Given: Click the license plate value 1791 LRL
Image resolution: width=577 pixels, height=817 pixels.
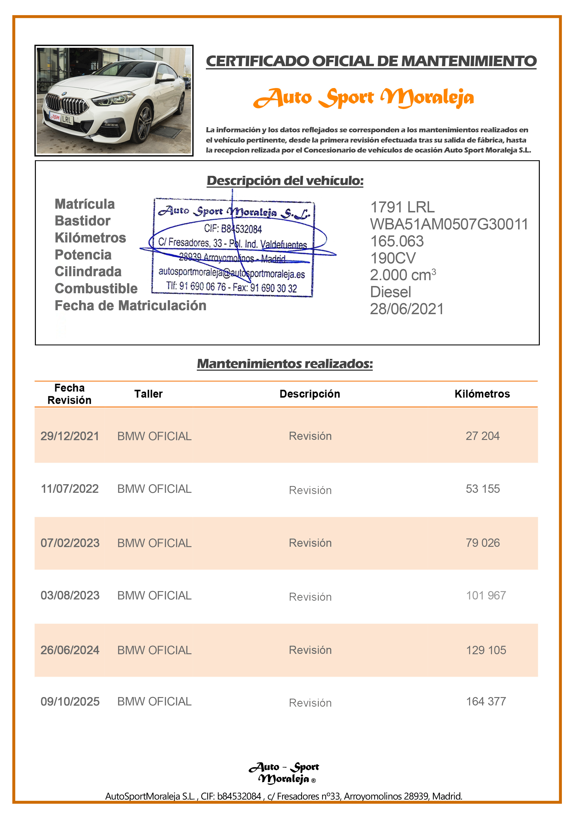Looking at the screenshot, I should (402, 207).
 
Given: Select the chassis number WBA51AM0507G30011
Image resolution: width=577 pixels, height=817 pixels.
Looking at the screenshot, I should (449, 224).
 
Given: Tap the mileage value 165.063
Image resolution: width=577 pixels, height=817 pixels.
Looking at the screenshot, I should (397, 241).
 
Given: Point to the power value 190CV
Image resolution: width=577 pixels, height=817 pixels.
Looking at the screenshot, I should (393, 258).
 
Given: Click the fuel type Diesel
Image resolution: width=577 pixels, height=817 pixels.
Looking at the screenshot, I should (390, 292).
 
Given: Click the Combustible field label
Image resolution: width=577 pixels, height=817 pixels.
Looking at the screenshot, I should (96, 289).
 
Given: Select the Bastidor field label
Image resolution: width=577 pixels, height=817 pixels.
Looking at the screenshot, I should (83, 221).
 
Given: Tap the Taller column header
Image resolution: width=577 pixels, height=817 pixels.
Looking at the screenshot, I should (148, 394).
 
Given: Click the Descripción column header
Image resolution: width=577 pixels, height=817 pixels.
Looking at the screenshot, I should (310, 394).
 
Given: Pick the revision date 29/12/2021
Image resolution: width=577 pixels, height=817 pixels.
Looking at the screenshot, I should (70, 436).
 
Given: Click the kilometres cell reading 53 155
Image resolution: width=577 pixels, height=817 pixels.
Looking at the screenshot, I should (483, 489).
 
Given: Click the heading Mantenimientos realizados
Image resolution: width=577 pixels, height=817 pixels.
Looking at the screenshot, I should (285, 364).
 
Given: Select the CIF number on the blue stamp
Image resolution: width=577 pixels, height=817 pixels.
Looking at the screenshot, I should (233, 229).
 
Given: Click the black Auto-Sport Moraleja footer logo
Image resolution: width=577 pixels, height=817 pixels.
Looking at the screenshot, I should (284, 773).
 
